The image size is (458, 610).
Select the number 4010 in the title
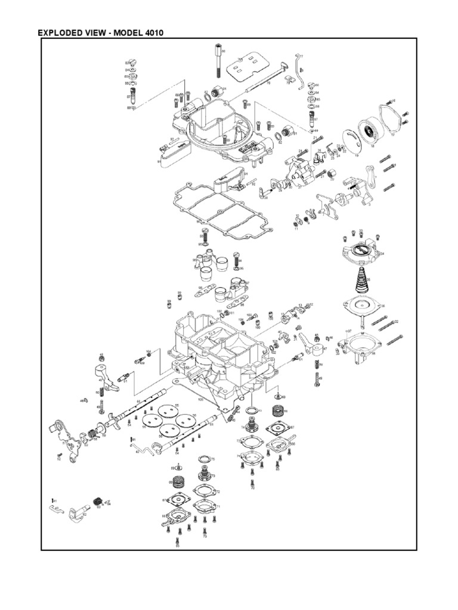(x=152, y=32)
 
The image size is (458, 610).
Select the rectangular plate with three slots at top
(x=245, y=69)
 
